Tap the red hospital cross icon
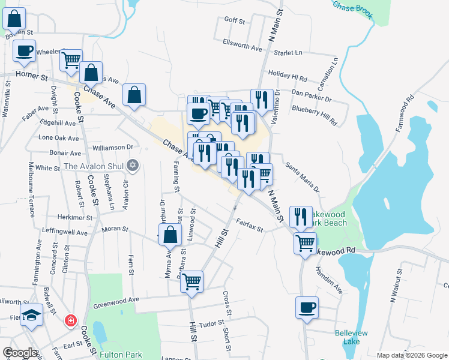[x=71, y=320]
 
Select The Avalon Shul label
[x=93, y=166]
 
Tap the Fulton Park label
[x=121, y=355]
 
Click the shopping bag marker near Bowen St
[x=14, y=19]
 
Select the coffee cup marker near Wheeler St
[x=24, y=51]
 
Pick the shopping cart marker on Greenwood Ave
[x=191, y=281]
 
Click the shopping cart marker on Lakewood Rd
[x=305, y=244]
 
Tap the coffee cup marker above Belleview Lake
[x=307, y=308]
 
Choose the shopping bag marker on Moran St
[x=170, y=235]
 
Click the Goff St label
[x=235, y=20]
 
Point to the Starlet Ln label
[x=288, y=53]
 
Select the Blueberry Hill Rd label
[x=314, y=115]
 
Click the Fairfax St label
[x=250, y=226]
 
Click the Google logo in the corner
[x=19, y=353]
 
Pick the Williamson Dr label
[x=112, y=147]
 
